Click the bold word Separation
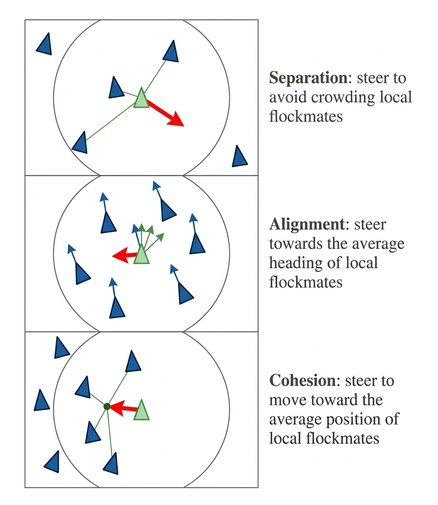pos(308,78)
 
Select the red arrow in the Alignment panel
pos(124,255)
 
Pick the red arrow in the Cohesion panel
pos(123,408)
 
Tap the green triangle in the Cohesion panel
pos(142,410)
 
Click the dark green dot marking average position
pos(107,406)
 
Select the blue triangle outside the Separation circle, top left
pos(44,44)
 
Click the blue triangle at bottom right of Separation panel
pos(239,157)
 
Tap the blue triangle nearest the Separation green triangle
pos(116,88)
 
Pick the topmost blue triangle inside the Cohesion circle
pos(133,362)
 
